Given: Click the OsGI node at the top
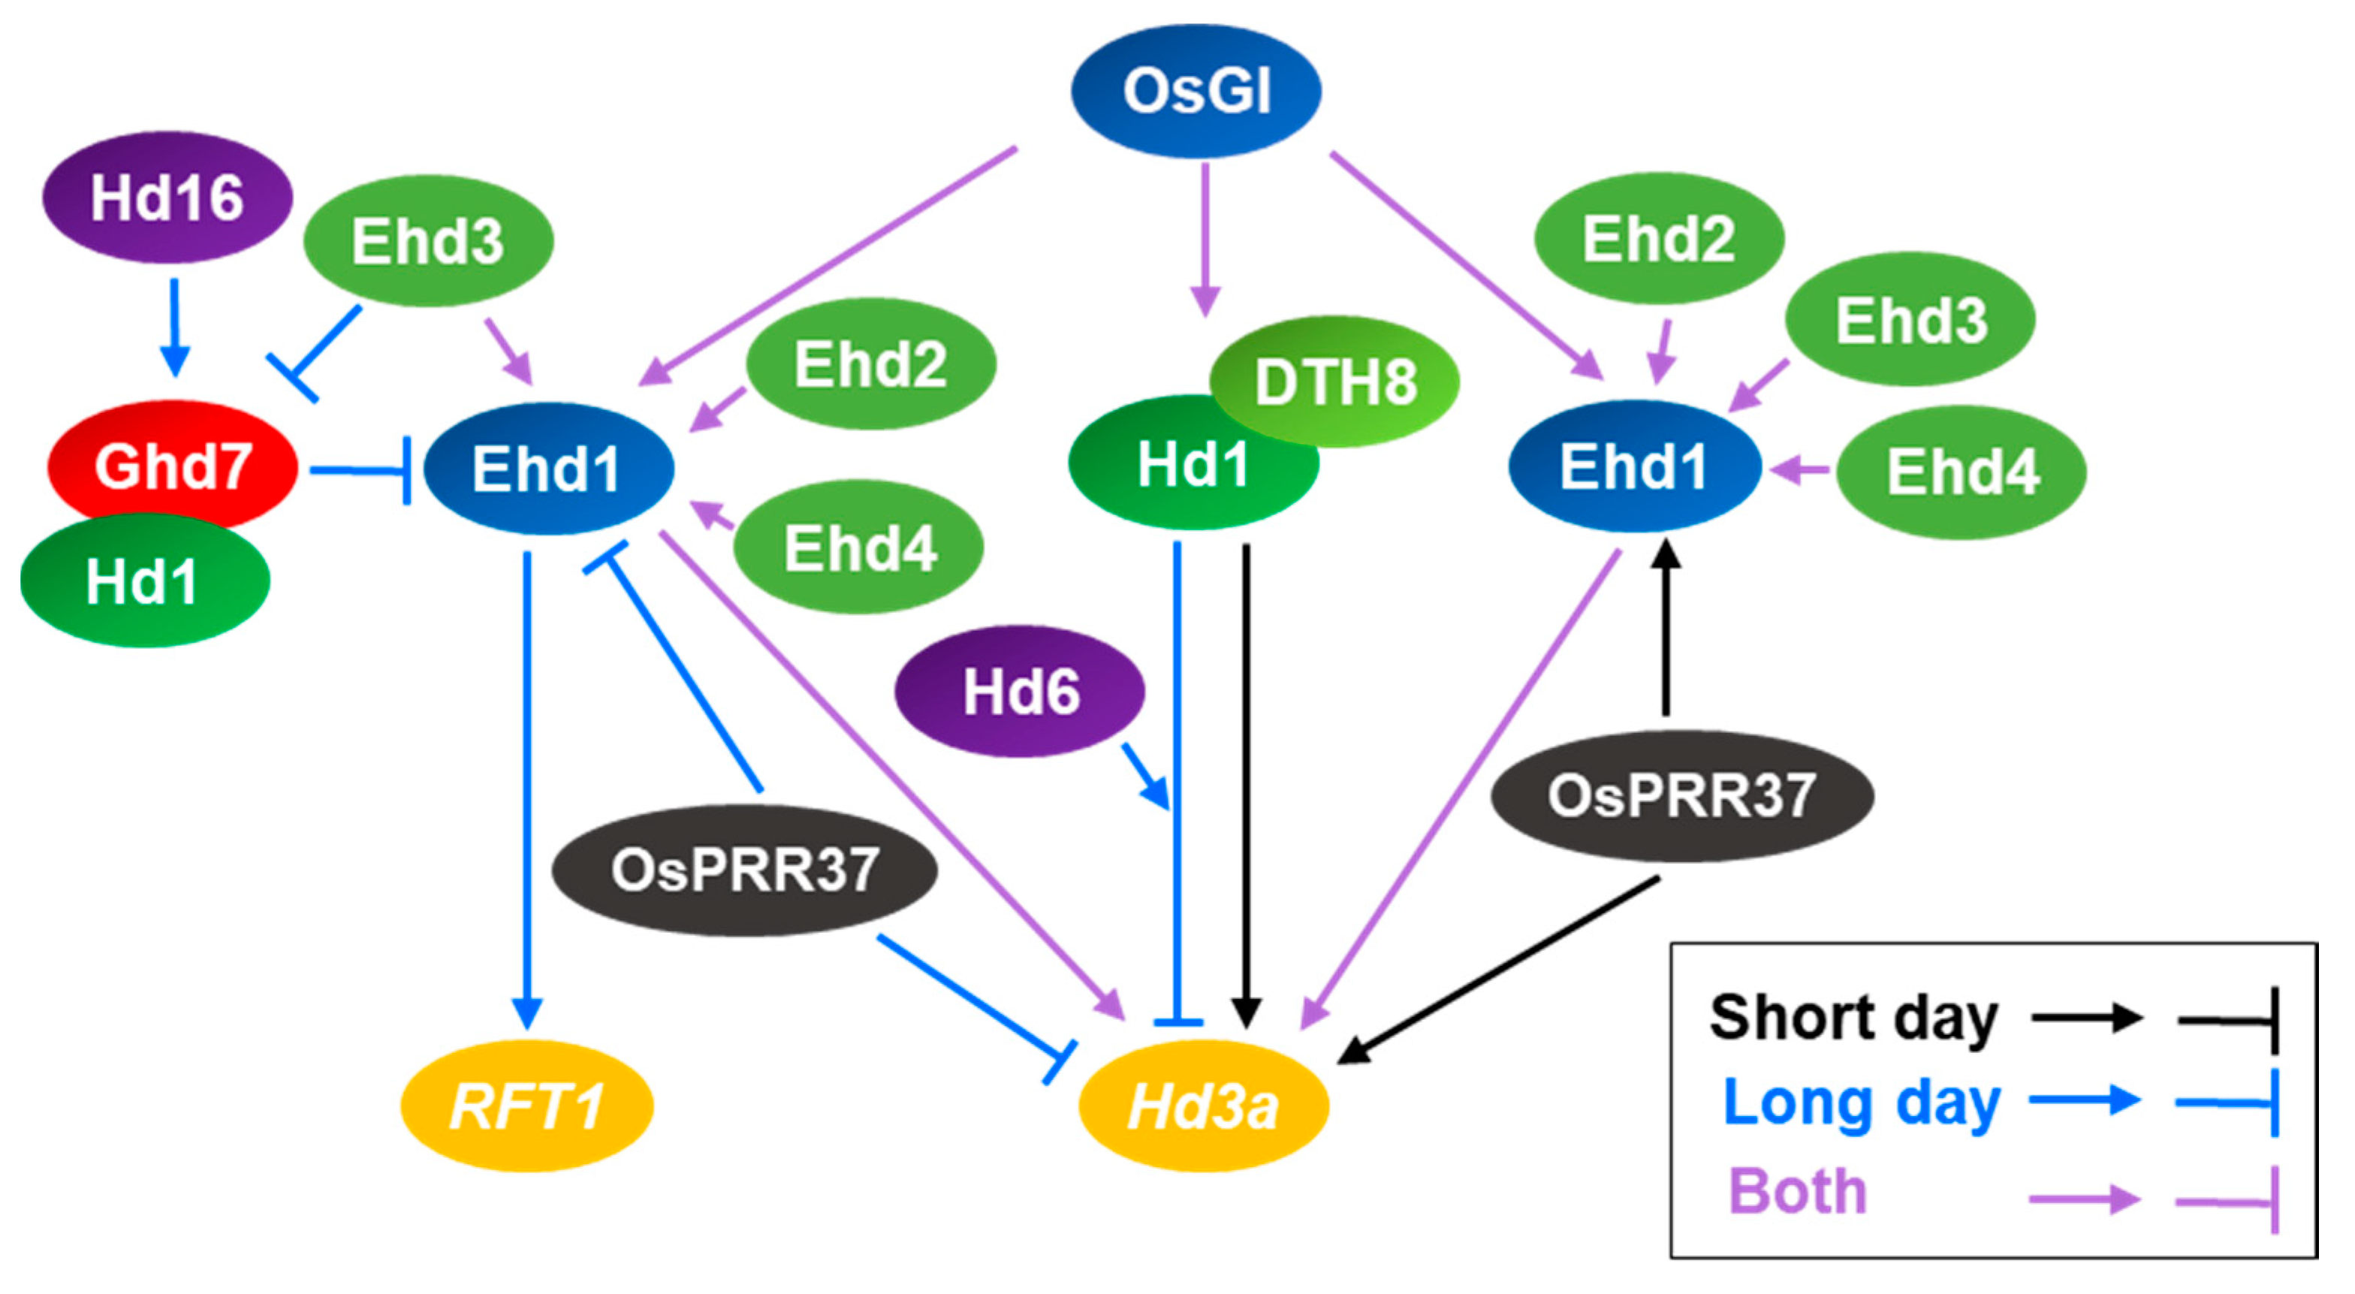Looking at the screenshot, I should [1195, 92].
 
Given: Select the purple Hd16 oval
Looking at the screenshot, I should [167, 197].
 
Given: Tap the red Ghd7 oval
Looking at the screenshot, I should [172, 465].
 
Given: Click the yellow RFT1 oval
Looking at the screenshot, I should [526, 1105].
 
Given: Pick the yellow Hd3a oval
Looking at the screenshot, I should [1203, 1105].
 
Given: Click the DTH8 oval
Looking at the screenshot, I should [1334, 382].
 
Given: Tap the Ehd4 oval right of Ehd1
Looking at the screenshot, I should [1962, 472].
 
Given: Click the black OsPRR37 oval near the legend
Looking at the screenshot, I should [1681, 795].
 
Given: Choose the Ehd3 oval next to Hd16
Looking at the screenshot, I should [428, 240].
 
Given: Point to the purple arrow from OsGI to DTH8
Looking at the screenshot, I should [1206, 238].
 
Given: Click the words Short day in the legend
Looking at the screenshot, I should [1853, 1018].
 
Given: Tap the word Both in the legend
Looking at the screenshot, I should [1796, 1192].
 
